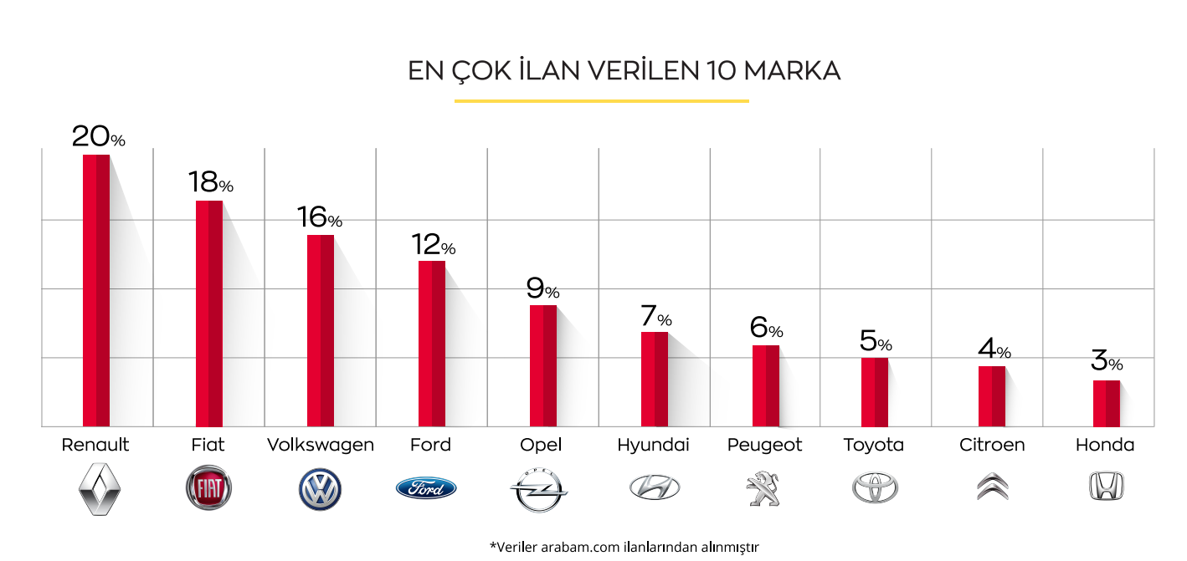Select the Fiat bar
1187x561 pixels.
[x=208, y=314]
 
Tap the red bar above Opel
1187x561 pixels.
[x=542, y=365]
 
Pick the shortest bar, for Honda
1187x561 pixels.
[x=1106, y=403]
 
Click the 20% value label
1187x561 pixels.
[x=98, y=136]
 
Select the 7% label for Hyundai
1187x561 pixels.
[x=655, y=317]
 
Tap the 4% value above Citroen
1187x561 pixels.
[x=994, y=349]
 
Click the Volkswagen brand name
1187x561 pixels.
[x=320, y=445]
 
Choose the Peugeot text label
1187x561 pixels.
[x=764, y=445]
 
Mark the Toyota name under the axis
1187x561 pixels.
[x=873, y=445]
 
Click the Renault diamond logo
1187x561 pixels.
[x=100, y=487]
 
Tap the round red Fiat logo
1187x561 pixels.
[x=208, y=488]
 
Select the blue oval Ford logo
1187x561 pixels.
[x=426, y=487]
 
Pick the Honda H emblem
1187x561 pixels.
[x=1106, y=487]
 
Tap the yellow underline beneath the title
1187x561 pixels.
[x=601, y=101]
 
